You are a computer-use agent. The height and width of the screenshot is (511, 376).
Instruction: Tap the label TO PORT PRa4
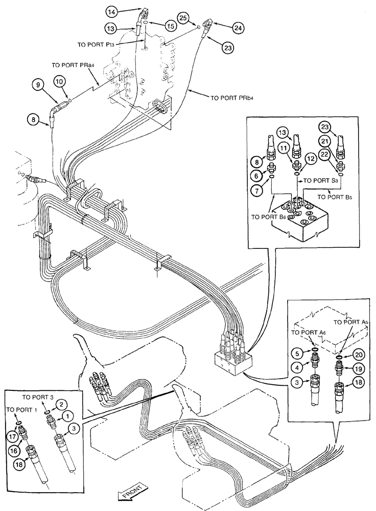73,66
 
